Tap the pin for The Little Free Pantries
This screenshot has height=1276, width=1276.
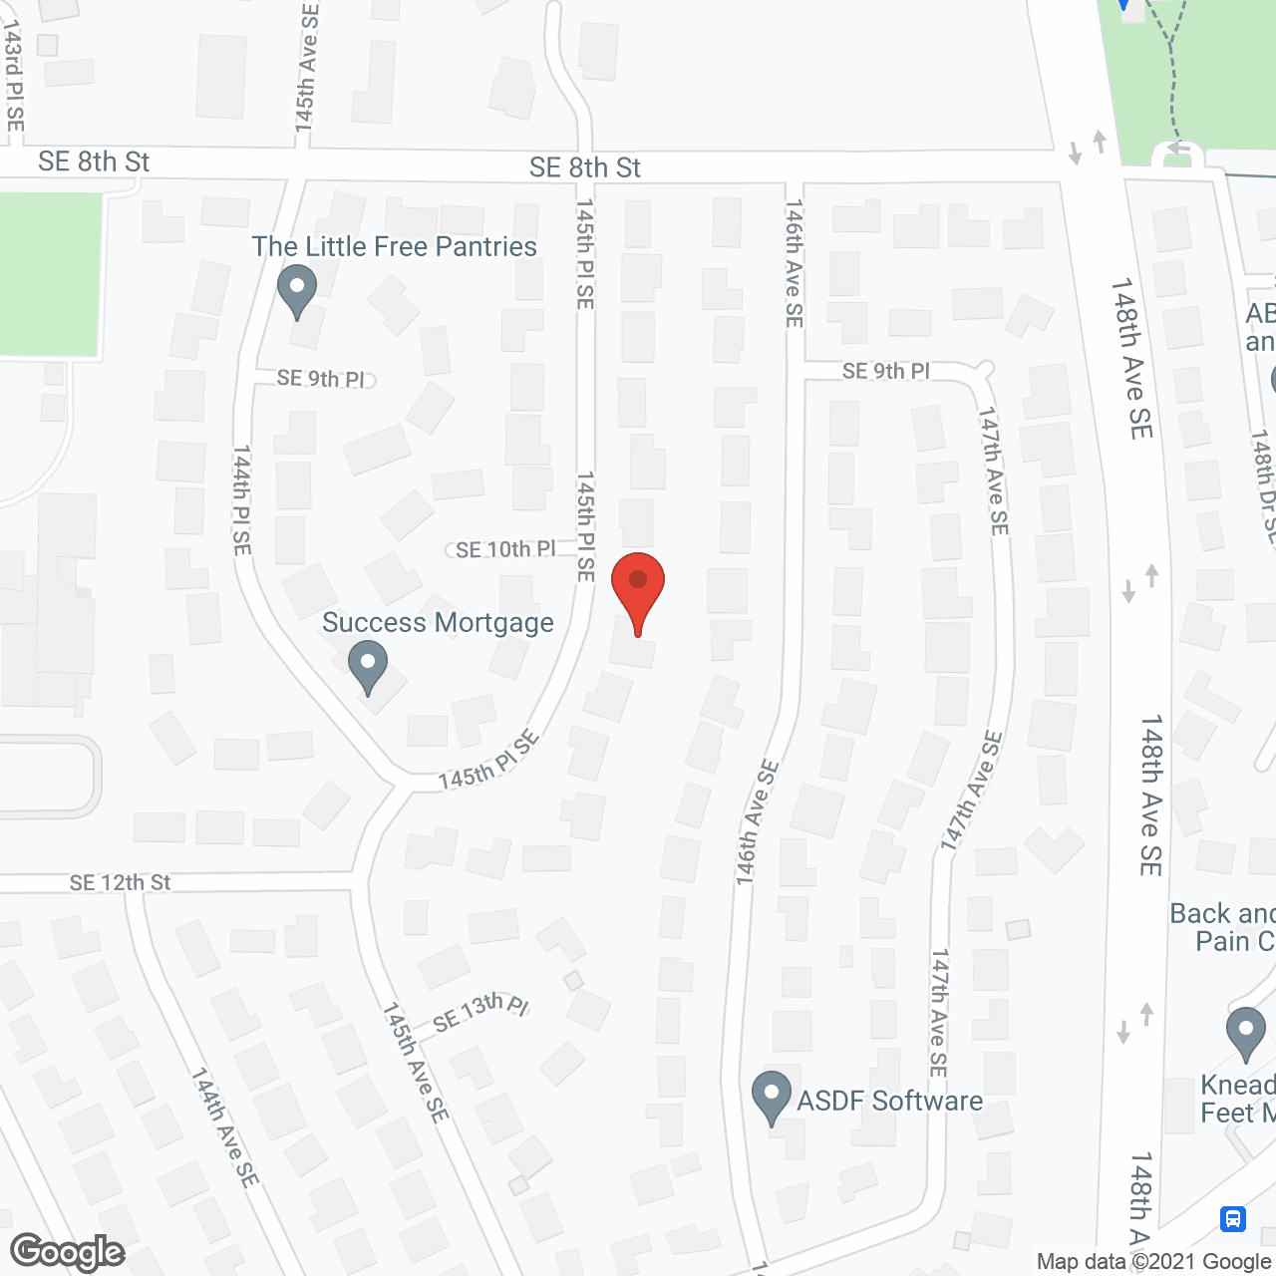pyautogui.click(x=296, y=289)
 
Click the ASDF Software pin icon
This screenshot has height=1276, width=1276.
pyautogui.click(x=771, y=1097)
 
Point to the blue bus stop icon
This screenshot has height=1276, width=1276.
pyautogui.click(x=1232, y=1218)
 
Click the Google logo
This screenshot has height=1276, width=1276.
pyautogui.click(x=68, y=1252)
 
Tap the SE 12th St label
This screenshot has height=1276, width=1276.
pyautogui.click(x=120, y=882)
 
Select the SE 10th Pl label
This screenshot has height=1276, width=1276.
pyautogui.click(x=505, y=549)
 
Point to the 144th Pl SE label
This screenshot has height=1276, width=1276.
pyautogui.click(x=242, y=500)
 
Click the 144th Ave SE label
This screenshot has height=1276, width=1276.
pyautogui.click(x=224, y=1127)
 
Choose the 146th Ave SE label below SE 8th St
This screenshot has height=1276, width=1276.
pyautogui.click(x=794, y=263)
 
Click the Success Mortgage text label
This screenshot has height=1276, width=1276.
pyautogui.click(x=438, y=623)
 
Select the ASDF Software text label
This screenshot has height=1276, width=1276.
pyautogui.click(x=889, y=1101)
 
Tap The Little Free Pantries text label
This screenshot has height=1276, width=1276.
pyautogui.click(x=394, y=246)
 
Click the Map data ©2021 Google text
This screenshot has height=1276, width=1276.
pyautogui.click(x=1154, y=1262)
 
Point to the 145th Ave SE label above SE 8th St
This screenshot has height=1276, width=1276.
pyautogui.click(x=307, y=68)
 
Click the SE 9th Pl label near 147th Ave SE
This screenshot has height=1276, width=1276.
pyautogui.click(x=885, y=371)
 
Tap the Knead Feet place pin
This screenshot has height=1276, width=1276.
pyautogui.click(x=1245, y=1033)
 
